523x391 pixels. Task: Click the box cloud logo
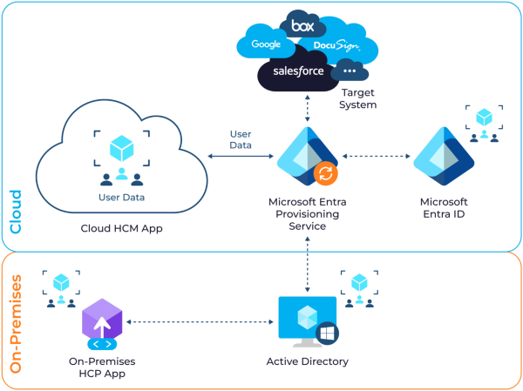[x=302, y=24]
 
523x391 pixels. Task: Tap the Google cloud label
[x=265, y=44]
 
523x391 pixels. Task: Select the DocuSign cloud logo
[x=336, y=44]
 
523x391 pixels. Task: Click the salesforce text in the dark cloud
[x=297, y=70]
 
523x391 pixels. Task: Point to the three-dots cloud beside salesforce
[x=350, y=71]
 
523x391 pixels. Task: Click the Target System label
[x=358, y=98]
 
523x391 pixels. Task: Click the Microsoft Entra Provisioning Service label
[x=308, y=213]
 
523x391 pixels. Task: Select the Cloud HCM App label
[x=121, y=228]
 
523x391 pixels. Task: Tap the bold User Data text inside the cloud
[x=121, y=198]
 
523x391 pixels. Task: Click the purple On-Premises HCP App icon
[x=101, y=323]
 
